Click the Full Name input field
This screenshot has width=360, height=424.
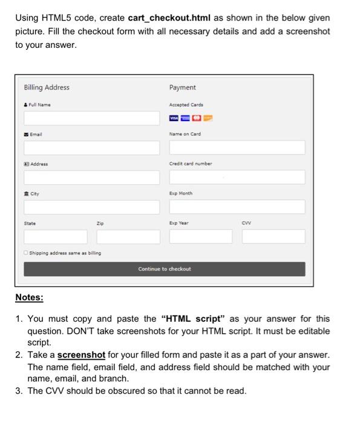pos(91,118)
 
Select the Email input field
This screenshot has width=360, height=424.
pos(91,147)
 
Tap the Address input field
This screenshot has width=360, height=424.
pos(91,177)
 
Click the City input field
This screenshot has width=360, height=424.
pos(91,207)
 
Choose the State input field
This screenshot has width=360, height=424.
pos(53,236)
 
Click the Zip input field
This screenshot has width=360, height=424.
pos(127,236)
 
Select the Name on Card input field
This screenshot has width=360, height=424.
pos(237,147)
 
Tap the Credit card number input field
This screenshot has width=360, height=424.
pos(237,177)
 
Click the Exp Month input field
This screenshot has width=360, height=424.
pos(237,207)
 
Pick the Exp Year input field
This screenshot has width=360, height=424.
pos(199,236)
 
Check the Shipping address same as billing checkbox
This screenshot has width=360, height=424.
pos(27,253)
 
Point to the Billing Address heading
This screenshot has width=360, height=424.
pos(47,88)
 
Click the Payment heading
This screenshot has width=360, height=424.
pos(182,88)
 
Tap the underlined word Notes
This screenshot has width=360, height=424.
pos(29,298)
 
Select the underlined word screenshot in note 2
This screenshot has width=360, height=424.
pos(81,354)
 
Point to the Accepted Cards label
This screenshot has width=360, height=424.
pos(186,105)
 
